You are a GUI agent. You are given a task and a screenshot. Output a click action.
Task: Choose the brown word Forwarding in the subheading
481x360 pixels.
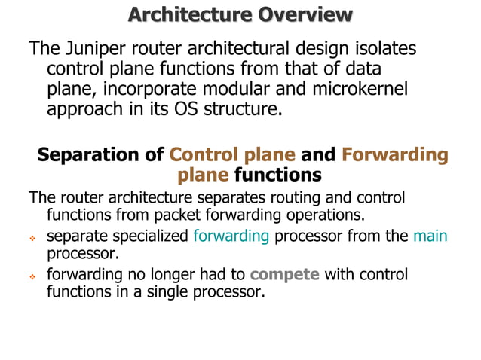click(394, 155)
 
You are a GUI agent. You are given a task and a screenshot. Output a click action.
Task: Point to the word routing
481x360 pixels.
click(277, 199)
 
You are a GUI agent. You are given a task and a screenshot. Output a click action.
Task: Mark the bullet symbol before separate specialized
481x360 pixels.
click(32, 237)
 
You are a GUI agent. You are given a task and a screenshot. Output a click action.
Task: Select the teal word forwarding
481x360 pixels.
click(231, 236)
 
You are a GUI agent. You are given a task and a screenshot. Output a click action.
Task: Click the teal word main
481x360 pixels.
click(430, 236)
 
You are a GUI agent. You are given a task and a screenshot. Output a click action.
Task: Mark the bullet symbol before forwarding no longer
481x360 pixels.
click(32, 276)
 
